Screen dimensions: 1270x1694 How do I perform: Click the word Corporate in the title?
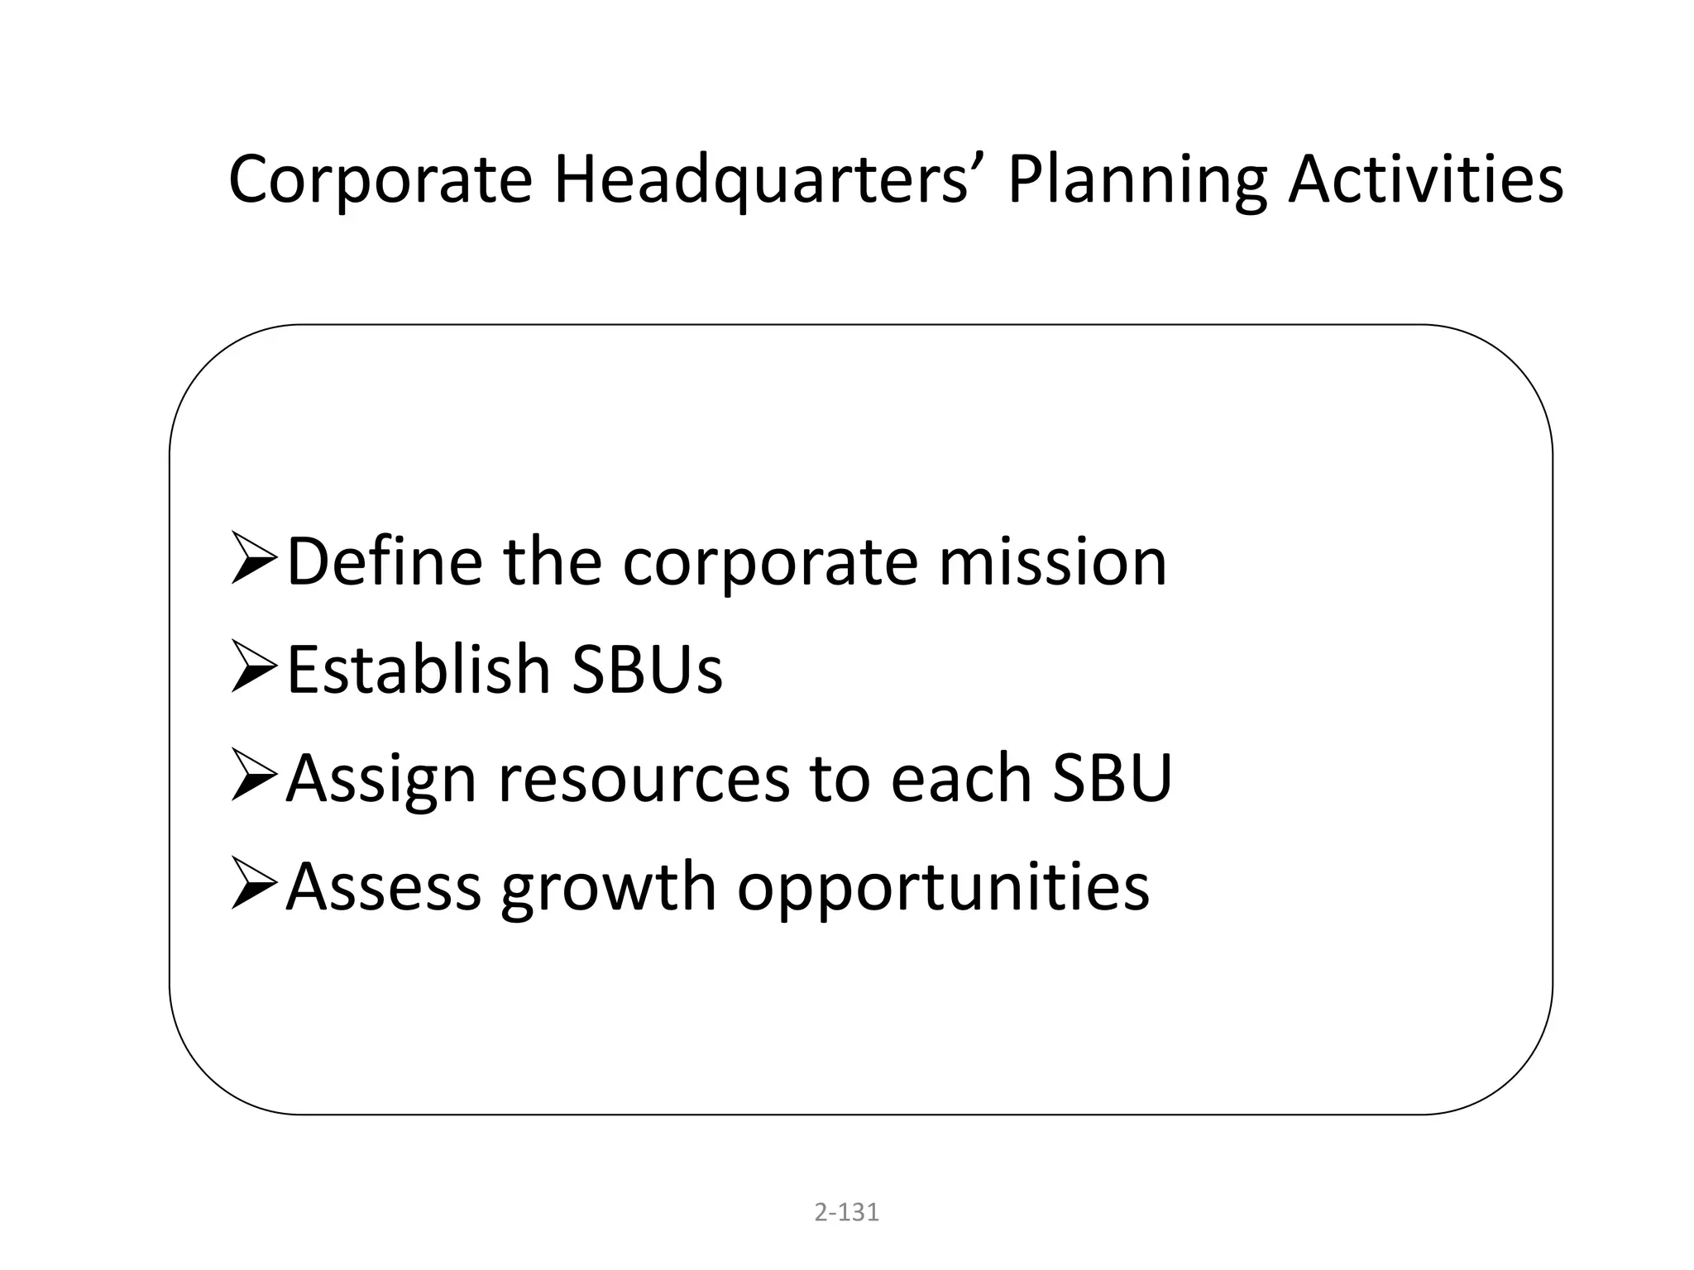point(380,180)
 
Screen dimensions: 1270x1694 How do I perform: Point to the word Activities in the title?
point(1425,180)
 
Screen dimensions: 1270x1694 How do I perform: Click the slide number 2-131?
point(846,1212)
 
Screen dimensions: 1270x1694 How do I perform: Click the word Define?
point(385,562)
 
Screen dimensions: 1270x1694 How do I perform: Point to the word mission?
point(1052,562)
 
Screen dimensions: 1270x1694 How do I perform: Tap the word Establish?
point(419,670)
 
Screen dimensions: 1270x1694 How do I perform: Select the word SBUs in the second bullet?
point(647,670)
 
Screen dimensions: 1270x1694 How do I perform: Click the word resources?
point(644,780)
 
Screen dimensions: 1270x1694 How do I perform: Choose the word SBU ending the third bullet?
point(1112,778)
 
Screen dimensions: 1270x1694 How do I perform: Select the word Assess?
point(384,887)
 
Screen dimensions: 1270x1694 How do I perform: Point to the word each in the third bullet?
point(960,778)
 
